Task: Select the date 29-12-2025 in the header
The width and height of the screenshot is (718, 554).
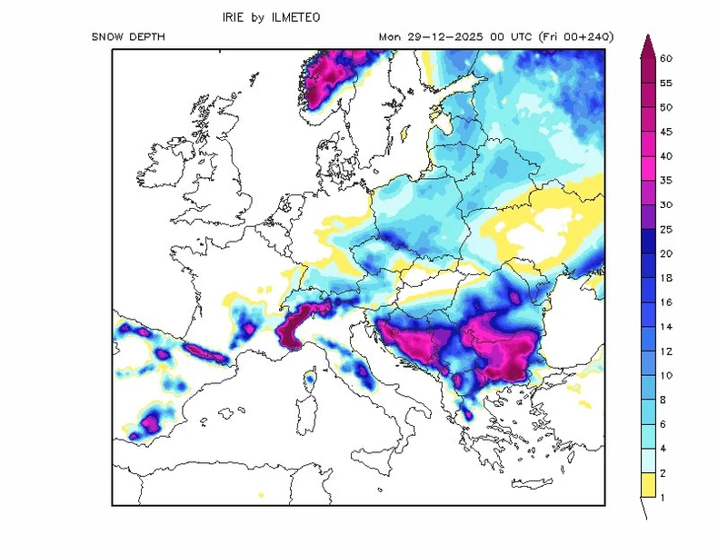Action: tap(437, 37)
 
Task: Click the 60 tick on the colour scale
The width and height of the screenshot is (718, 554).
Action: tap(666, 58)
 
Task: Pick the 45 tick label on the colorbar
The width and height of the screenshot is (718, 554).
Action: tap(666, 132)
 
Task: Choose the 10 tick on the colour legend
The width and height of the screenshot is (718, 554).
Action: tap(666, 375)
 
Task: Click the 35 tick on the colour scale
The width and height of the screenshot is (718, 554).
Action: tap(666, 180)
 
